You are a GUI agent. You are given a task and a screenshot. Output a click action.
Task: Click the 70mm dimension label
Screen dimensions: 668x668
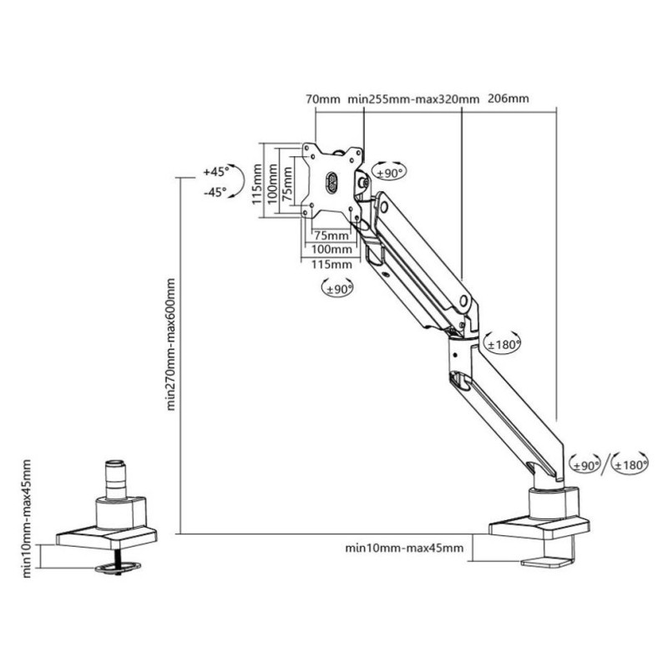[x=322, y=99]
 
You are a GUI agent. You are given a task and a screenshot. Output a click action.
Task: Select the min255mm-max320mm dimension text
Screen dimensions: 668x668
[x=413, y=99]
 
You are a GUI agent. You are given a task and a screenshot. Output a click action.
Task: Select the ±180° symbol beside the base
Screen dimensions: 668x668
[x=631, y=465]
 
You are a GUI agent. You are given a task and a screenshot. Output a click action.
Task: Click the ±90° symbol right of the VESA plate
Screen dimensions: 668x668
[x=388, y=172]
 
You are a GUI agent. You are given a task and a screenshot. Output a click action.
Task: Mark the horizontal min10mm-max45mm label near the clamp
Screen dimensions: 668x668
[x=403, y=549]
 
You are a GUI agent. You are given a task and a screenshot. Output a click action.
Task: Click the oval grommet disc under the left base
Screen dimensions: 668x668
[x=117, y=567]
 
